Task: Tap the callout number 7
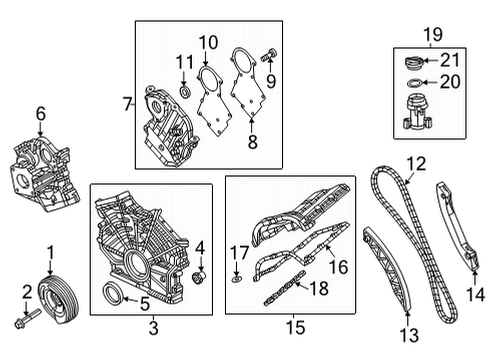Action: pos(125,104)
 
